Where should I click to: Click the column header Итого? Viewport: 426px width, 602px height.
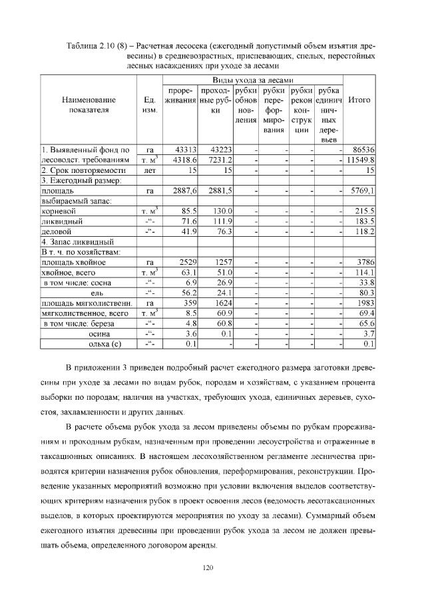click(x=359, y=99)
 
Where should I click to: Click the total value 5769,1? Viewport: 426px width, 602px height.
click(x=361, y=190)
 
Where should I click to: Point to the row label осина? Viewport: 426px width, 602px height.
click(x=106, y=333)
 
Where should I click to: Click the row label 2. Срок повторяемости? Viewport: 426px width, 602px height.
click(x=83, y=170)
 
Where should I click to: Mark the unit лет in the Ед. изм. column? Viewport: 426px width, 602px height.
click(x=149, y=170)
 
